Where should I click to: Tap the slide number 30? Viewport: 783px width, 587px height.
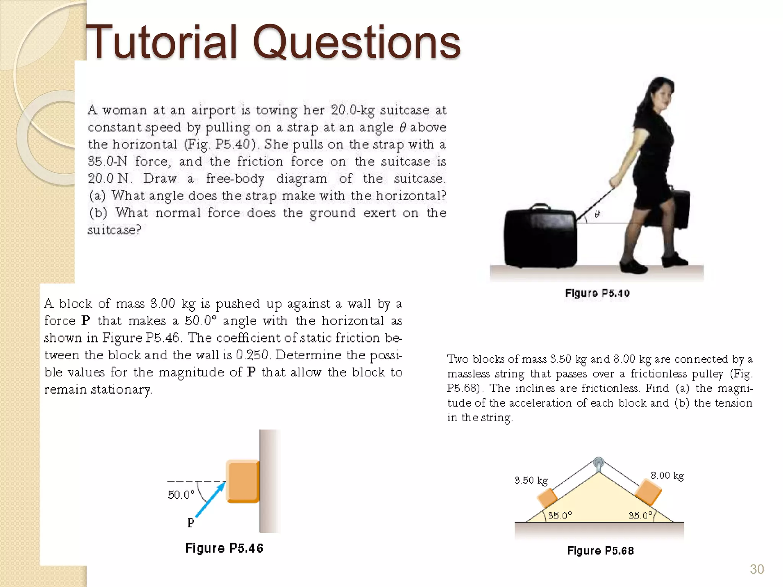[757, 569]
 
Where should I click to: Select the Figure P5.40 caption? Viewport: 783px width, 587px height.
[597, 293]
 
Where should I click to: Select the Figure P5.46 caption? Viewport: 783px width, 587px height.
[224, 548]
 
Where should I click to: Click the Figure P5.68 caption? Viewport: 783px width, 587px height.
[600, 551]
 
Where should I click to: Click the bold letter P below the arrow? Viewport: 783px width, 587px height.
[191, 522]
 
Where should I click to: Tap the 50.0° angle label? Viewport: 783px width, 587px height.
[181, 495]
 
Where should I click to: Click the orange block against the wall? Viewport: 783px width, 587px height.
[243, 481]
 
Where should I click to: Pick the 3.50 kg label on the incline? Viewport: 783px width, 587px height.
[531, 480]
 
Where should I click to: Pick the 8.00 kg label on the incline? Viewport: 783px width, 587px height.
[667, 476]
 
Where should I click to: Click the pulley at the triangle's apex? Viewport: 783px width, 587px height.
[599, 464]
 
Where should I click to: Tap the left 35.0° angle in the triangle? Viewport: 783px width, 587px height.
[560, 516]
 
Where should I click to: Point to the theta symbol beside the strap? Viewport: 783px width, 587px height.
[597, 214]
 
